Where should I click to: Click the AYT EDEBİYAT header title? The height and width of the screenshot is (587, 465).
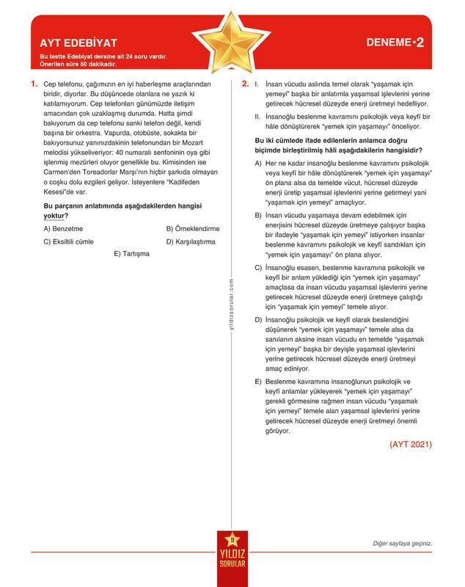pos(78,43)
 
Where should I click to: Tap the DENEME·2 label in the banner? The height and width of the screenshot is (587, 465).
pos(395,43)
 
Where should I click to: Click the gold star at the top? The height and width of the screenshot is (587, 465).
pos(231,43)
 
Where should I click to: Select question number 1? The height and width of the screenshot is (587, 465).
pos(34,84)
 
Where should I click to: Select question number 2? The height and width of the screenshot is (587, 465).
pos(246,84)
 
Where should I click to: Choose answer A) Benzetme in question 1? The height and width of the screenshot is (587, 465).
pos(63,228)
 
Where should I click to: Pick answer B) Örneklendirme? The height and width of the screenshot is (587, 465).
pos(192,228)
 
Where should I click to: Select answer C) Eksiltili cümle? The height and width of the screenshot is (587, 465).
pos(68,241)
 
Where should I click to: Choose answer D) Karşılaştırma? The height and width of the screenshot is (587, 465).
pos(190,241)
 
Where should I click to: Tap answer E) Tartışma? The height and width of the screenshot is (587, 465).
pos(131,253)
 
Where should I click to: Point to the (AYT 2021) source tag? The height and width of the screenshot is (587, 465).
pos(411,444)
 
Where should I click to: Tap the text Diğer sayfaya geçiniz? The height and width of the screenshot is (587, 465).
pos(403,544)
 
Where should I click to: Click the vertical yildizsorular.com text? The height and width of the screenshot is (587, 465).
pos(232,304)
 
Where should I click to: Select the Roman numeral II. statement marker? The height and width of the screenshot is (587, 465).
pos(257,116)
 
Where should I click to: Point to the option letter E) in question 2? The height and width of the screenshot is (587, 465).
pos(257,382)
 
